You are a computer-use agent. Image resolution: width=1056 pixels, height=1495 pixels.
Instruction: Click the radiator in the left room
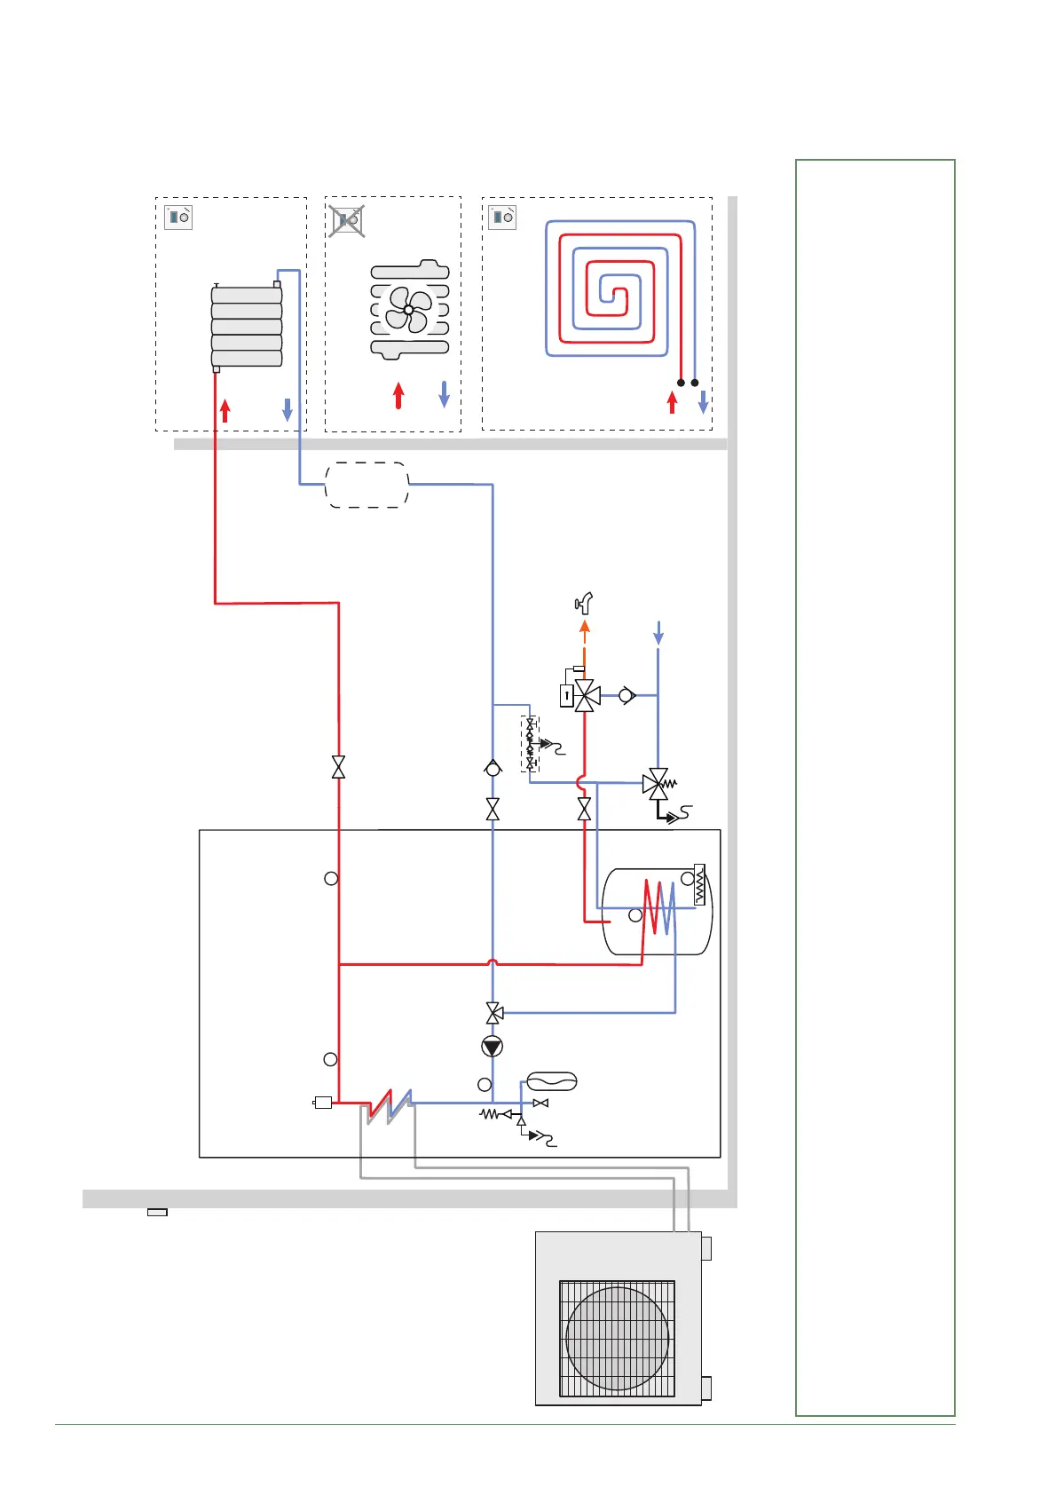(247, 327)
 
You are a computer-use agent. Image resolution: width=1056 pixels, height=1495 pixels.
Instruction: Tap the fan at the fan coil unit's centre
(409, 309)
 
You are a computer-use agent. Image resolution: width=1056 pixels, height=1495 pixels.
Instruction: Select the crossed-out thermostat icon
(347, 219)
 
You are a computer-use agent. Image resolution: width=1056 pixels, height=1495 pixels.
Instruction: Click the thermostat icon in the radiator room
(179, 217)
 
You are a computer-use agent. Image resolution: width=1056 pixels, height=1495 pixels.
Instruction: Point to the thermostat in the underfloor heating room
(502, 217)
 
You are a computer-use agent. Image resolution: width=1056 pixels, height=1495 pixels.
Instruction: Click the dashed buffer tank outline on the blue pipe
(367, 485)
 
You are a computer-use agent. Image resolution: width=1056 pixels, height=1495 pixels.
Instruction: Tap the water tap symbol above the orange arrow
(584, 604)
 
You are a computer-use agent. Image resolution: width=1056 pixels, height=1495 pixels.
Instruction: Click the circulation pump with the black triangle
(493, 1047)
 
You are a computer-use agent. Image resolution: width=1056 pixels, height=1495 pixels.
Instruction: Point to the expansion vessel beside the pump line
(552, 1081)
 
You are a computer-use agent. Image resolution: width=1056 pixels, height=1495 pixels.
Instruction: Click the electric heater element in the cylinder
(700, 884)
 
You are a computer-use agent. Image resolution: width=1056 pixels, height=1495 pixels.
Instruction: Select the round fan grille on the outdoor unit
(618, 1338)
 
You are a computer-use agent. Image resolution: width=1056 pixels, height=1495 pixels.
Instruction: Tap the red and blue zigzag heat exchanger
(390, 1105)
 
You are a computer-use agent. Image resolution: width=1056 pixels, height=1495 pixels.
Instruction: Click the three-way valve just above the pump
(493, 1012)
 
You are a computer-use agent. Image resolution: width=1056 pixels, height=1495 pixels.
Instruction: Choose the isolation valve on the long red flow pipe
(338, 767)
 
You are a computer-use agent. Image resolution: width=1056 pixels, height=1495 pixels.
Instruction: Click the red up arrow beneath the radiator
(225, 410)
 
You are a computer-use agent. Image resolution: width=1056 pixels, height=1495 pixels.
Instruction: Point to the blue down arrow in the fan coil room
(445, 395)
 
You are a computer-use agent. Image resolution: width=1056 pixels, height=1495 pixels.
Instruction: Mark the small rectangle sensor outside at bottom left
(157, 1212)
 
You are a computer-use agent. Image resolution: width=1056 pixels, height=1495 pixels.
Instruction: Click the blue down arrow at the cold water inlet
(658, 633)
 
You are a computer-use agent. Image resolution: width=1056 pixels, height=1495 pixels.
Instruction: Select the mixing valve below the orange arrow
(585, 696)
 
